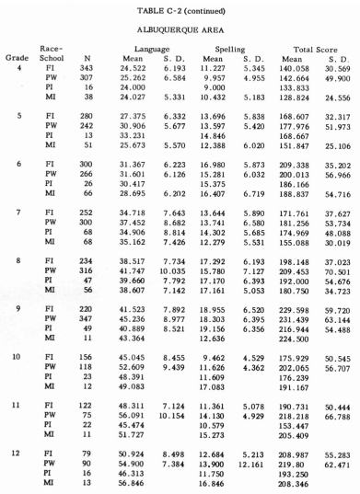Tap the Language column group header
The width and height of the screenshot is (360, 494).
152,55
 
